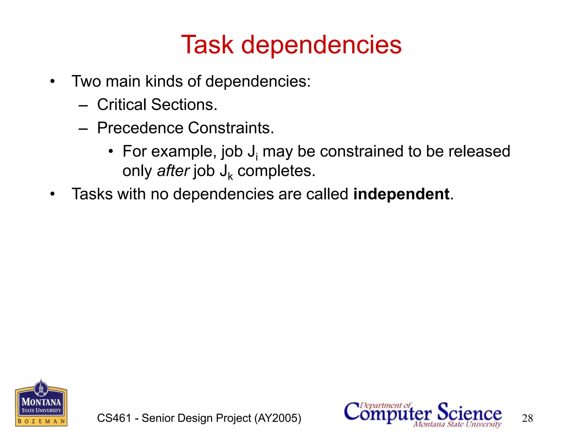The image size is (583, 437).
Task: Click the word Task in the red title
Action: click(x=207, y=45)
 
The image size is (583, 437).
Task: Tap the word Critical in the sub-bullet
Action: click(x=122, y=104)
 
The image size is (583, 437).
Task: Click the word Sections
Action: click(x=184, y=104)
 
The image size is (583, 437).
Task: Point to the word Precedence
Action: click(x=140, y=128)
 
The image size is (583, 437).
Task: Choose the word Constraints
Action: click(x=231, y=128)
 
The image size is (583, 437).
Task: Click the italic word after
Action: click(x=173, y=171)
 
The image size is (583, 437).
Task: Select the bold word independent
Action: click(x=401, y=194)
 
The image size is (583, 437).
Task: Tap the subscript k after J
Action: click(x=230, y=177)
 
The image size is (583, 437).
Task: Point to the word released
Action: click(x=479, y=151)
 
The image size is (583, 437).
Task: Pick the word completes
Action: click(x=276, y=171)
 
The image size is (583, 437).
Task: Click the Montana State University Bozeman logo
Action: click(x=41, y=403)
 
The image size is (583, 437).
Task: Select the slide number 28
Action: click(x=527, y=418)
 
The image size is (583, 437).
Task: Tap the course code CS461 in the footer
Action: click(x=114, y=418)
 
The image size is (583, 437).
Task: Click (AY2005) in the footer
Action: click(x=278, y=418)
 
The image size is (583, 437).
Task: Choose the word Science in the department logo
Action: click(x=469, y=412)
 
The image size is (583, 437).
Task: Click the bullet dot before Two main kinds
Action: click(x=52, y=82)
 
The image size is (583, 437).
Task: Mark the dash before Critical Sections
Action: click(x=83, y=106)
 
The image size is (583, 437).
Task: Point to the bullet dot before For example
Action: click(x=111, y=151)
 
